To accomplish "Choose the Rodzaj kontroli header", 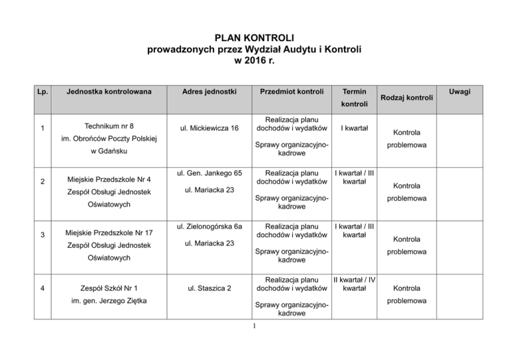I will point(408,97).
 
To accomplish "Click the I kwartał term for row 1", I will point(354,127).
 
